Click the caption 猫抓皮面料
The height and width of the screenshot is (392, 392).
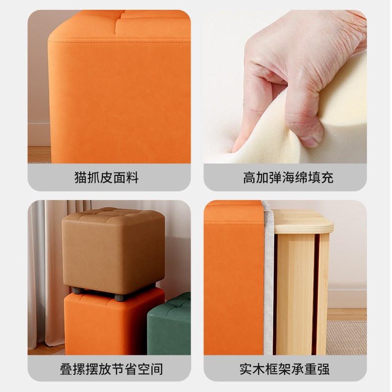106,177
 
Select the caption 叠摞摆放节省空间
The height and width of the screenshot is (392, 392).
111,368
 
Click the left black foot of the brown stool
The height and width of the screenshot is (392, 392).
77,291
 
